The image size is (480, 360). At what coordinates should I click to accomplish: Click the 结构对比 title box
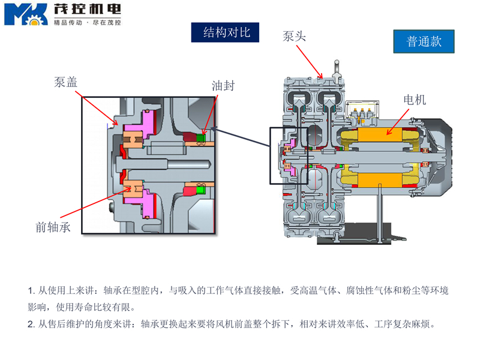click(x=225, y=32)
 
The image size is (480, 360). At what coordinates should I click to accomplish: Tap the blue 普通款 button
click(x=424, y=41)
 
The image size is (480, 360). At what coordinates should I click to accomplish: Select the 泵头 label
click(x=295, y=37)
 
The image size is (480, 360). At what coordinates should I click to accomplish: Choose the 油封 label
click(x=223, y=86)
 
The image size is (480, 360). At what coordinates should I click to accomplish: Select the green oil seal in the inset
click(x=202, y=139)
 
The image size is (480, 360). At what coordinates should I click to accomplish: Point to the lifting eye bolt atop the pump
click(x=337, y=65)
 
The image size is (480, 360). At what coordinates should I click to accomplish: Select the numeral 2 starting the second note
click(x=31, y=325)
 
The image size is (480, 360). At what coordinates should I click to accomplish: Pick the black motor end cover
click(x=442, y=156)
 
